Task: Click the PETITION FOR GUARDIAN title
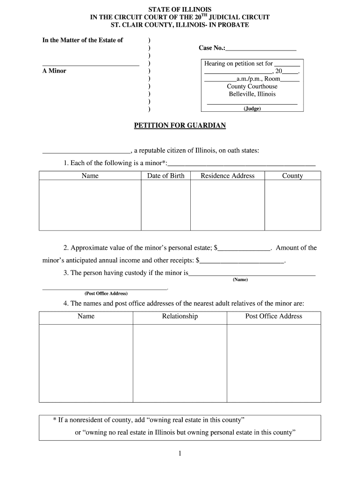(180, 125)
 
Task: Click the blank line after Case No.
(261, 49)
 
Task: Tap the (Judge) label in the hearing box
(252, 109)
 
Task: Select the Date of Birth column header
(166, 176)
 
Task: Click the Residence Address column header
(227, 176)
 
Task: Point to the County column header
(292, 176)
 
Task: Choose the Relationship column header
(180, 316)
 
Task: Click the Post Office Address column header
(274, 316)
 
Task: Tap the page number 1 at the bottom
(180, 454)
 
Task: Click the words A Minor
(54, 71)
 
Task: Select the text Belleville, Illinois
(252, 94)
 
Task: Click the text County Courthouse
(252, 86)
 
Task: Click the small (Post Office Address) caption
(106, 294)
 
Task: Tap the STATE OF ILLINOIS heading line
(180, 9)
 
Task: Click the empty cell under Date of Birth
(166, 205)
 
